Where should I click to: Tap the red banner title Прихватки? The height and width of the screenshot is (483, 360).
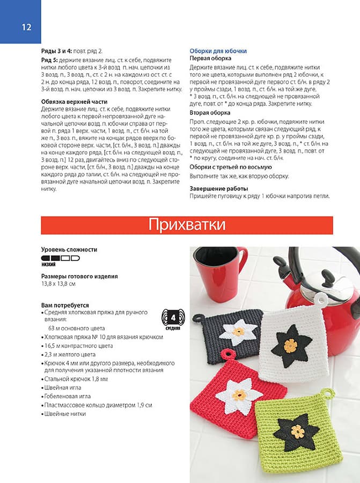coord(187,224)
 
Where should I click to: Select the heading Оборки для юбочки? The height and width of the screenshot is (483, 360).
coord(218,51)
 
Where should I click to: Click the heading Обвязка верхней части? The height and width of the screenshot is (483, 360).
coord(75,101)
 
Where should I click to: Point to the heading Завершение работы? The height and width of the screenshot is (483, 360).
coord(218,189)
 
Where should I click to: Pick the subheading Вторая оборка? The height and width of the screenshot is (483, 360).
coord(209,113)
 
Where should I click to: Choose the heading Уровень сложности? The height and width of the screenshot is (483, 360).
coord(69,250)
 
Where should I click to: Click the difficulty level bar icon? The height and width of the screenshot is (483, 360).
coord(60,258)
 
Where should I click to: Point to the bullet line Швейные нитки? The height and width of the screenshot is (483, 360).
coord(65,414)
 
